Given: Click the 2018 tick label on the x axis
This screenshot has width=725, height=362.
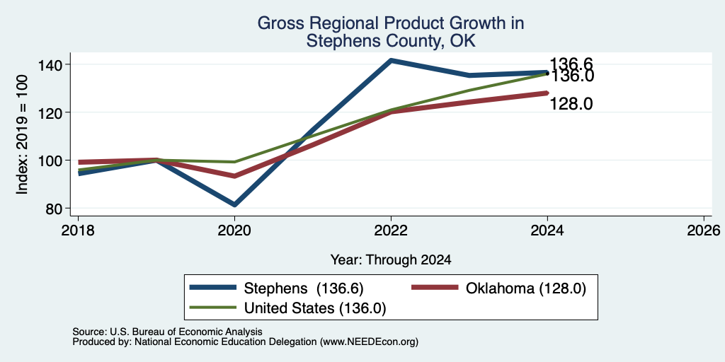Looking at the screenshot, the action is point(78,230).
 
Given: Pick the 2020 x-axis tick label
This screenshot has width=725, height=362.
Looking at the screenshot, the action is point(234,230).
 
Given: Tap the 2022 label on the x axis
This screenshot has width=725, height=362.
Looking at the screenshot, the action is point(391,230).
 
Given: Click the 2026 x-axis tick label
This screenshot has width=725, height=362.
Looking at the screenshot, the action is point(704,230).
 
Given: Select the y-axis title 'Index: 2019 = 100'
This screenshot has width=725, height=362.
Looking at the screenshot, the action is point(22,134).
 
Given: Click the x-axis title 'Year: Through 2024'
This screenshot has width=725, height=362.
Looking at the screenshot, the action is point(391,260).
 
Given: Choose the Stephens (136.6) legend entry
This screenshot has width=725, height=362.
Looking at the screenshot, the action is point(277,288).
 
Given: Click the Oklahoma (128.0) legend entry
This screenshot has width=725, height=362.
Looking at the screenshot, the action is point(499,288).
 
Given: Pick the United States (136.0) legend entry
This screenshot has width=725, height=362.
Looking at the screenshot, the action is point(287,308).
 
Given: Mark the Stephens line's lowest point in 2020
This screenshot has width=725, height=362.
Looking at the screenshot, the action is point(234,204).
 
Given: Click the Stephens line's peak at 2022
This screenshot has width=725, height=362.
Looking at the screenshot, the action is point(391,61).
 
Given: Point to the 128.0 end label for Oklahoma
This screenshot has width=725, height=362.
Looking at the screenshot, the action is point(571,104).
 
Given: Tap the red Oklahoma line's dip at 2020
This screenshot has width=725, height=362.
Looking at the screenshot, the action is point(234,176).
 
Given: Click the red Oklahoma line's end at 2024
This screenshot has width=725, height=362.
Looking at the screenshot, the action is point(547,93).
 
